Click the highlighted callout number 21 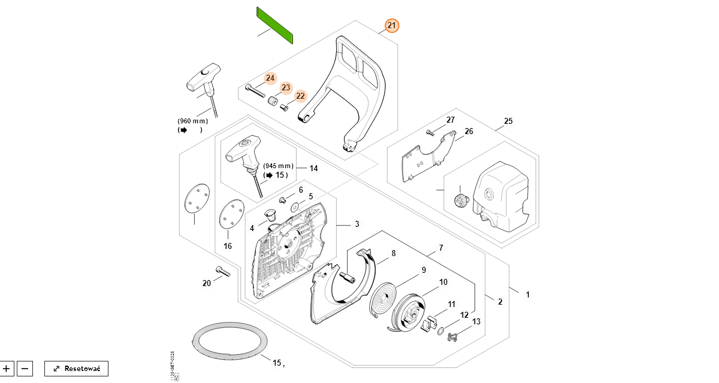(x=391, y=26)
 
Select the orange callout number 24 (x=270, y=78)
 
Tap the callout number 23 (x=286, y=88)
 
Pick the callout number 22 (x=301, y=96)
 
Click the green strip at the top (x=274, y=25)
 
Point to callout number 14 (x=313, y=168)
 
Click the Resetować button (x=76, y=368)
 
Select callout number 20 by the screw (x=207, y=283)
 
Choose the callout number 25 (x=508, y=121)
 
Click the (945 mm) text (x=279, y=166)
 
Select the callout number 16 (x=228, y=246)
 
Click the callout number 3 (x=357, y=224)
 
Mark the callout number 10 (x=443, y=282)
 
